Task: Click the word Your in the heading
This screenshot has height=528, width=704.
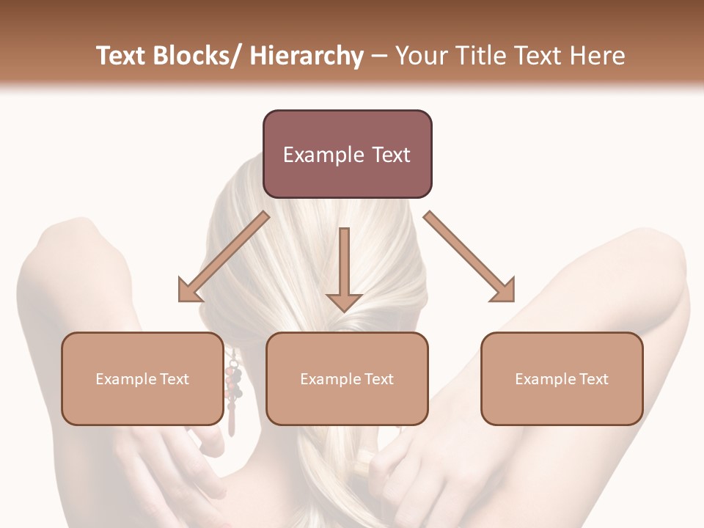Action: (420, 56)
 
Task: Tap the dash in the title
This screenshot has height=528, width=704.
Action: (379, 56)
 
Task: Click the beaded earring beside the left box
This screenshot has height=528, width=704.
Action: (233, 389)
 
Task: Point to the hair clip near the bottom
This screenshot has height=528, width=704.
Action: (364, 462)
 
